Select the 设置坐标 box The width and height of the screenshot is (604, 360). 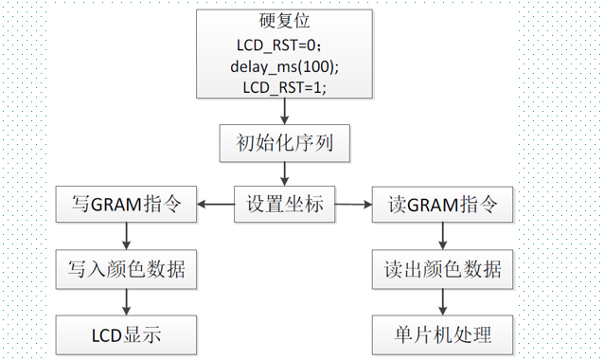pos(284,204)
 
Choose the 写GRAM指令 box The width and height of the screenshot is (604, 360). pos(126,203)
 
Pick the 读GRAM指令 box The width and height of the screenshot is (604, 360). pos(443,203)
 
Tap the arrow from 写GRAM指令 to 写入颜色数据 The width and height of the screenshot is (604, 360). pos(126,236)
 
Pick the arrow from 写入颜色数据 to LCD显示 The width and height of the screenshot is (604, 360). pos(126,301)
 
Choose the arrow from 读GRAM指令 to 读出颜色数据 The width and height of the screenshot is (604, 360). pos(443,236)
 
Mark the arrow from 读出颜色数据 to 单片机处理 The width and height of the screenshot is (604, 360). pos(443,301)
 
